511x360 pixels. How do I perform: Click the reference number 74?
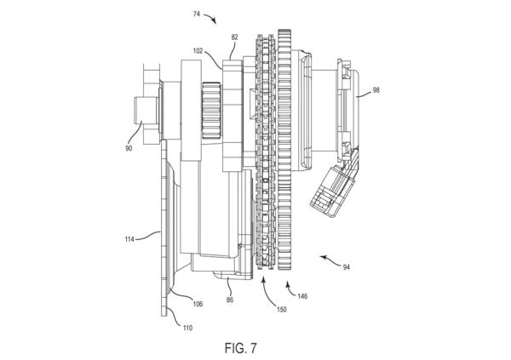[x=197, y=14]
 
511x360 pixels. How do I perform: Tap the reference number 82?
[x=235, y=37]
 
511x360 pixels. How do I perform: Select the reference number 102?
[x=198, y=51]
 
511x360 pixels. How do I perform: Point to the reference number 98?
[x=376, y=90]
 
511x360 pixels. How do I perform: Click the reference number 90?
[x=129, y=148]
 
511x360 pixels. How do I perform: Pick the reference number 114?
[x=129, y=239]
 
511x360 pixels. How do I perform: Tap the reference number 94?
[x=346, y=267]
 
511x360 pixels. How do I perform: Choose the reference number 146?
[x=302, y=296]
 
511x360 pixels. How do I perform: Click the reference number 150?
[x=282, y=309]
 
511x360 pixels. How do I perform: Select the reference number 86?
[x=230, y=300]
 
